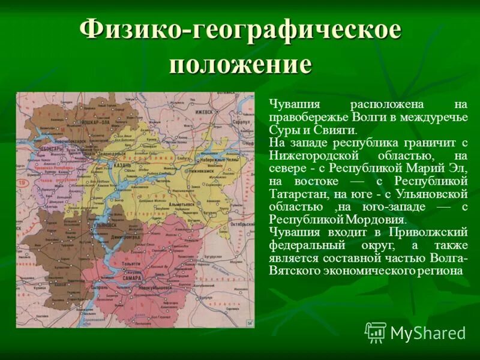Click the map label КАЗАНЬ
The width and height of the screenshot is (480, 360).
point(133,164)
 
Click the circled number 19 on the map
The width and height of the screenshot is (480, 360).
point(22,181)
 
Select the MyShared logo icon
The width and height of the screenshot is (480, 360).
point(376,332)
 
